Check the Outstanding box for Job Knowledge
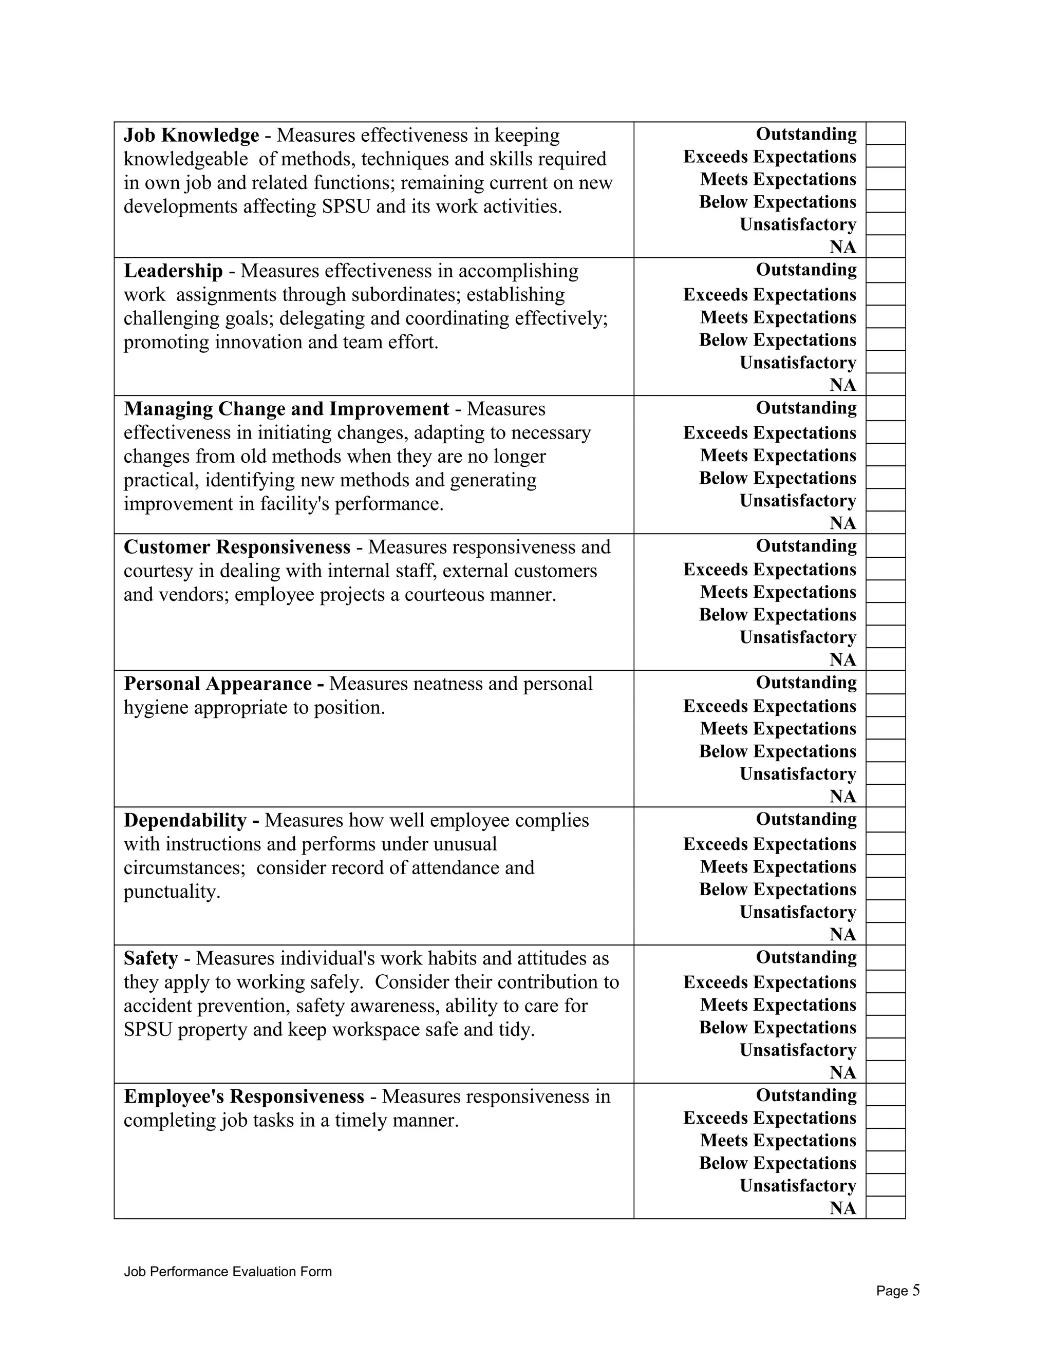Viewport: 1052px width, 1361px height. click(885, 134)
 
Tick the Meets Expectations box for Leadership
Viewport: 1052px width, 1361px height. click(885, 316)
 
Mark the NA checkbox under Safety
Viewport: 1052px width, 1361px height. click(885, 1072)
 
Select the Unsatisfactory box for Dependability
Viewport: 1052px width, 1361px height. click(885, 911)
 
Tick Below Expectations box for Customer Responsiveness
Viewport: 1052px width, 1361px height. click(885, 614)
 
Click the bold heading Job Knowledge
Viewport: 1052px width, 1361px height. click(191, 135)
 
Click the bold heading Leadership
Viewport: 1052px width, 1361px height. click(173, 271)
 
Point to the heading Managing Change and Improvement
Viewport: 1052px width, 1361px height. click(286, 409)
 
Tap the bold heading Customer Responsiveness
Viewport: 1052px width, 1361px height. click(237, 547)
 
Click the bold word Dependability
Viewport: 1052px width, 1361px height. click(185, 820)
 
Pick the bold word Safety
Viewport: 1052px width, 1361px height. click(151, 958)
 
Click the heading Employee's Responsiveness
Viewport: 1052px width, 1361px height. click(243, 1096)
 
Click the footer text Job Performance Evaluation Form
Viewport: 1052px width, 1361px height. click(228, 1272)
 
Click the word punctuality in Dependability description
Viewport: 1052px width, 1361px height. click(172, 892)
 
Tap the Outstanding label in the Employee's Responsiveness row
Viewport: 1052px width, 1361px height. click(806, 1095)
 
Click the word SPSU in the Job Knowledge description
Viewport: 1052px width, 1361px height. click(346, 206)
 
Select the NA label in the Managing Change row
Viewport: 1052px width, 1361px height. click(842, 523)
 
